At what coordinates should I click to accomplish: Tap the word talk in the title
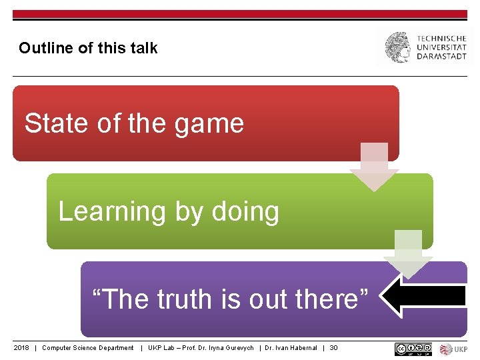coord(145,48)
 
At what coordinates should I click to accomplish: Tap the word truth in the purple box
coord(186,300)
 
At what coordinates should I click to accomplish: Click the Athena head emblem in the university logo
coord(398,48)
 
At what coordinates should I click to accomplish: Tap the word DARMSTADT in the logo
coord(442,57)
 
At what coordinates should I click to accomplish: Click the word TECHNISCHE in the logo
coord(442,39)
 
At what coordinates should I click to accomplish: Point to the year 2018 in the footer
coord(22,348)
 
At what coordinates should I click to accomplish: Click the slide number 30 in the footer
coord(333,348)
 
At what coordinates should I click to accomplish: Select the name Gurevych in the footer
coord(239,348)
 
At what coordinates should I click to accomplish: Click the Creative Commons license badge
coord(413,349)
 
